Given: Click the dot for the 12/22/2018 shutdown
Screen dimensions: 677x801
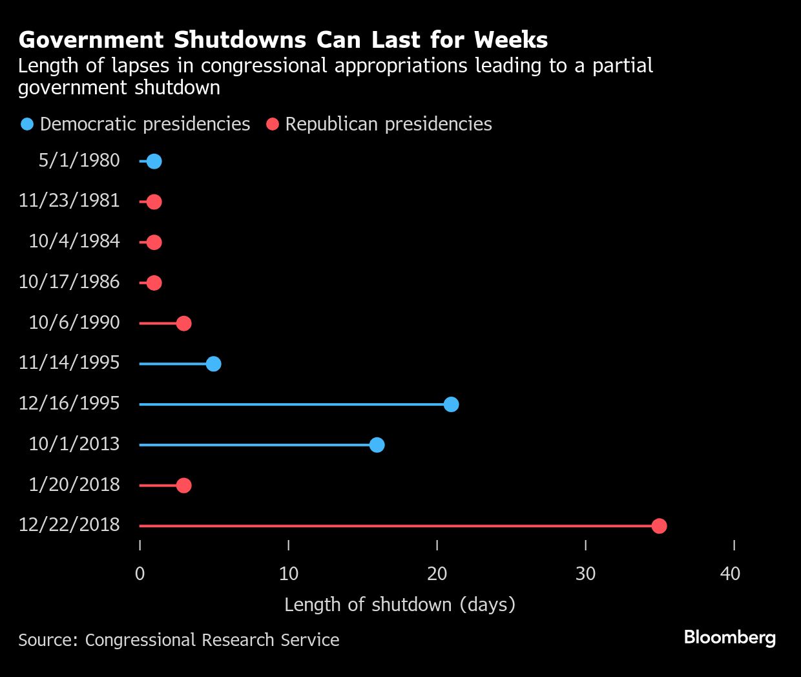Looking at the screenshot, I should [659, 526].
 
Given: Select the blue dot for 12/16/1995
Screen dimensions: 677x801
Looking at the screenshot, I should [452, 404].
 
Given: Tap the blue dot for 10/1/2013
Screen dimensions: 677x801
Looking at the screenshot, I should [377, 445].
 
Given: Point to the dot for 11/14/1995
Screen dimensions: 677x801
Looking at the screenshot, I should [213, 364].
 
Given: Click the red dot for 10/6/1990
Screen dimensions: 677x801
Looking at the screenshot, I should [183, 323].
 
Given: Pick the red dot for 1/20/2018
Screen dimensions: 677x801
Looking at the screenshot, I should [183, 485].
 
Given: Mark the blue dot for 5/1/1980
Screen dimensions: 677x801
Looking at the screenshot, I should [154, 161].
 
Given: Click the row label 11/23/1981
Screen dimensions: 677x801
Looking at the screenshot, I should [69, 201].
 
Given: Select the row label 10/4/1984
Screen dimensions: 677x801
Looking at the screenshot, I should [74, 242].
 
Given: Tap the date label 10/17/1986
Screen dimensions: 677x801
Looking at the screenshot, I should [69, 282].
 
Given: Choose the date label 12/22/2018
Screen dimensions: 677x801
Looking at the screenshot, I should [69, 525].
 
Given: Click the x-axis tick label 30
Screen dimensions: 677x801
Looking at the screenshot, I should [585, 574].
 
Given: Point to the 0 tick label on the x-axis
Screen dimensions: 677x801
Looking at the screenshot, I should [140, 574].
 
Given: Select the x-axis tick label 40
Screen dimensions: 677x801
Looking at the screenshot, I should [730, 574].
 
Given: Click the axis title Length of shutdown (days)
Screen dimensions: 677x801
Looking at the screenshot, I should [400, 605].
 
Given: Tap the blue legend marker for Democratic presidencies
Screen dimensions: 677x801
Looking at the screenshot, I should [27, 124].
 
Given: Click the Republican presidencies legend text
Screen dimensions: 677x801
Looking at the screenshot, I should [388, 124].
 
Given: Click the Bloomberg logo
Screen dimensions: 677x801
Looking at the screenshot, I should [729, 638].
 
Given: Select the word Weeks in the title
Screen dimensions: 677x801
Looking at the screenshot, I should [510, 40].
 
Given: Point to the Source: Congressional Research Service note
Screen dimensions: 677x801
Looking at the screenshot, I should [179, 640].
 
